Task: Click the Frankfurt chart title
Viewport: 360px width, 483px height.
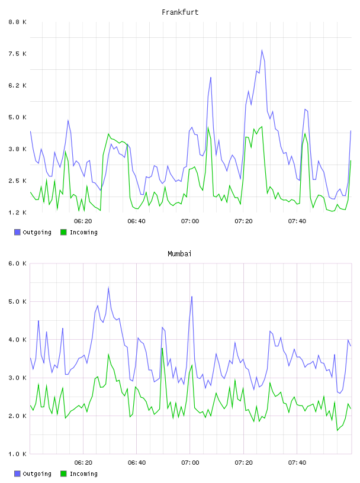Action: [x=180, y=12]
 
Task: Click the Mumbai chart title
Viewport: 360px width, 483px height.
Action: [x=179, y=254]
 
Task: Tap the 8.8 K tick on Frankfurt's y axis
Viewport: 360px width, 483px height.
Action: [x=18, y=22]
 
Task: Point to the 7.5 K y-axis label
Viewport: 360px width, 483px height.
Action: [x=18, y=54]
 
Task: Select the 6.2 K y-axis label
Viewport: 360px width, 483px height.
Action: [x=18, y=85]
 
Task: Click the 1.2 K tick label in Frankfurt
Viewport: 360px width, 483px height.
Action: [x=18, y=212]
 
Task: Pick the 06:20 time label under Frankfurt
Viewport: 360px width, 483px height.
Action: [x=83, y=221]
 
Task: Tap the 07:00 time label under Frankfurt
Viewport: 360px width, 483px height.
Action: [x=190, y=221]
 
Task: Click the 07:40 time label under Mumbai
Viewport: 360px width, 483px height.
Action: [x=297, y=462]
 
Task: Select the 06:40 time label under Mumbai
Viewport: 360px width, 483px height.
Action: [x=137, y=462]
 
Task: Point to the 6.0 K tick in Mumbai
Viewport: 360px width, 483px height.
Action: [x=18, y=263]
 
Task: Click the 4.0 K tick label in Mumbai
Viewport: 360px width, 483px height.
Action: [x=18, y=339]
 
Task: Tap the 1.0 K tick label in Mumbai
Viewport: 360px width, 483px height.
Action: [x=18, y=454]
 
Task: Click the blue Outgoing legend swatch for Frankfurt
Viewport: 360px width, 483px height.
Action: [x=17, y=232]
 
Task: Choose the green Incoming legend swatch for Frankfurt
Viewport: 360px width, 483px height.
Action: [x=63, y=232]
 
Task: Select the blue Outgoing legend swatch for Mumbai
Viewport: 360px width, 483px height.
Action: [x=17, y=474]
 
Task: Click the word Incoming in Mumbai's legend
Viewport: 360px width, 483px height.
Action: [x=83, y=474]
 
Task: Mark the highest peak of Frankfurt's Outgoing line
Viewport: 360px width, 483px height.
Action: [x=262, y=50]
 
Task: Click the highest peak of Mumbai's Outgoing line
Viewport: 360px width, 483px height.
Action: [x=108, y=288]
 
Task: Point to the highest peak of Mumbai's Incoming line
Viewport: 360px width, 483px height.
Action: [x=162, y=349]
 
